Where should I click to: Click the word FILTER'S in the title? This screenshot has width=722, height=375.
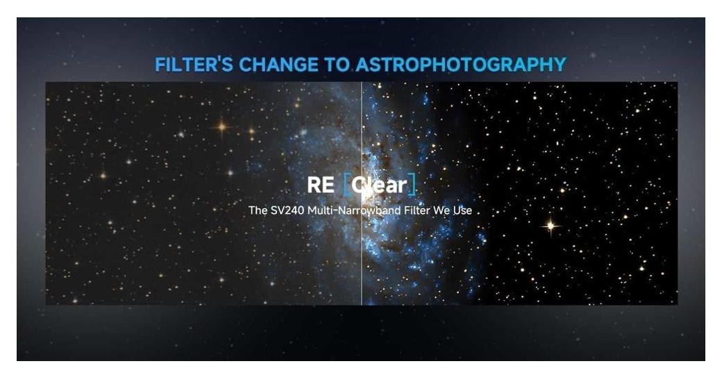click(x=194, y=65)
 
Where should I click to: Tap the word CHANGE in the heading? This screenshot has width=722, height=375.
click(x=278, y=65)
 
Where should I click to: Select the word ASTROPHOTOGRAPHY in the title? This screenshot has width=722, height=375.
click(x=461, y=65)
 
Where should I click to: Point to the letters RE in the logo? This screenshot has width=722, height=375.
click(x=321, y=185)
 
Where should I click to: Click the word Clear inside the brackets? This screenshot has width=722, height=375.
click(x=379, y=185)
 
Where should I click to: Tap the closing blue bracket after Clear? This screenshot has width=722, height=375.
click(x=412, y=185)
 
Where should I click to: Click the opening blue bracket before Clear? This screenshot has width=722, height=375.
click(x=347, y=185)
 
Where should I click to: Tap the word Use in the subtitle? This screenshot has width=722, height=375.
click(x=462, y=210)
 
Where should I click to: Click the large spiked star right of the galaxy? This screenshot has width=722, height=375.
click(x=551, y=226)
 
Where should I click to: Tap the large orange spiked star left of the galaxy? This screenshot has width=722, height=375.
click(x=222, y=126)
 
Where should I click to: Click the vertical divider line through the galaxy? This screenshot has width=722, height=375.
click(x=362, y=194)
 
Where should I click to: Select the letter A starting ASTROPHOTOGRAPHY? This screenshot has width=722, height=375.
click(x=363, y=65)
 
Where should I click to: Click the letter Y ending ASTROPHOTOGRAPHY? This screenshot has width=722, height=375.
click(x=560, y=65)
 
